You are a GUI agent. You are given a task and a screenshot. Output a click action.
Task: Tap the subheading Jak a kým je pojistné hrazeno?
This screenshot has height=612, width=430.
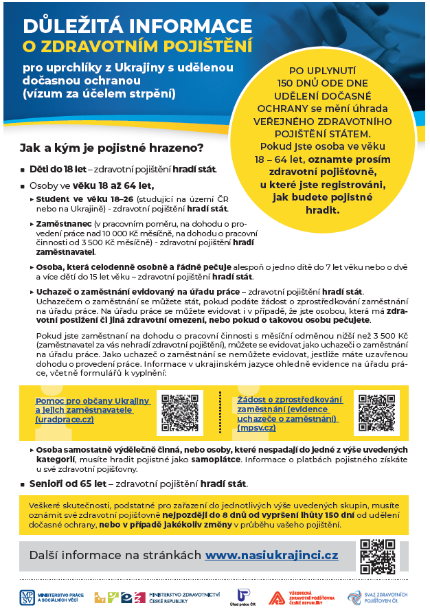pyautogui.click(x=111, y=148)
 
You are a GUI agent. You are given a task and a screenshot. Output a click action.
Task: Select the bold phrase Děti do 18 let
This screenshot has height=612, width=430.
pyautogui.click(x=51, y=168)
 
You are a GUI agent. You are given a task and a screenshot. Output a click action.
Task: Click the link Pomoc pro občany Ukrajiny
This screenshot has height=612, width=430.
pyautogui.click(x=92, y=400)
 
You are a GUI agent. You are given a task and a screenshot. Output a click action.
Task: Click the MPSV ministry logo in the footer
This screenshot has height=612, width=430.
pyautogui.click(x=28, y=596)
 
